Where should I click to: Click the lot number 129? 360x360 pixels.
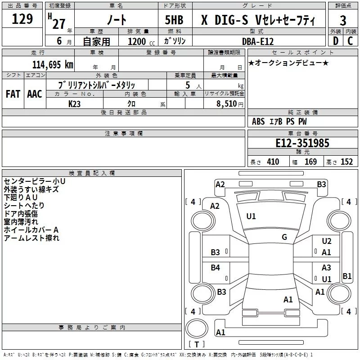pos(22,19)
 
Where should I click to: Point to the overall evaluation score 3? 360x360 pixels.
pos(343,21)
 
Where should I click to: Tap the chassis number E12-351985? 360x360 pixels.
pos(302,144)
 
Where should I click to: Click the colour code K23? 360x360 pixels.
pos(75,103)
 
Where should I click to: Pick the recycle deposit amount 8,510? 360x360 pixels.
pos(227,104)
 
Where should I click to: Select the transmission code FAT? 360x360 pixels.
pos(13,94)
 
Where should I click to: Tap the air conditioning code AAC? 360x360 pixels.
pos(34,94)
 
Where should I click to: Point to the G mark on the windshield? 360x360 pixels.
pos(284,237)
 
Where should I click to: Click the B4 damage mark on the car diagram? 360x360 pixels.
pos(216,268)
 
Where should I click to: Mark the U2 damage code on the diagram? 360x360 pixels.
pos(327,242)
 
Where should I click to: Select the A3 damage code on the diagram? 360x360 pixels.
pos(326,268)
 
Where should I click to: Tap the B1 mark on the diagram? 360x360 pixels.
pos(347,276)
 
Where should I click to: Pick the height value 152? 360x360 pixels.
pos(346,162)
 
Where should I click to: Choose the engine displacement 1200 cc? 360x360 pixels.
pos(137,41)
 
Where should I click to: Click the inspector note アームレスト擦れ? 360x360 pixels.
pos(31,238)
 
